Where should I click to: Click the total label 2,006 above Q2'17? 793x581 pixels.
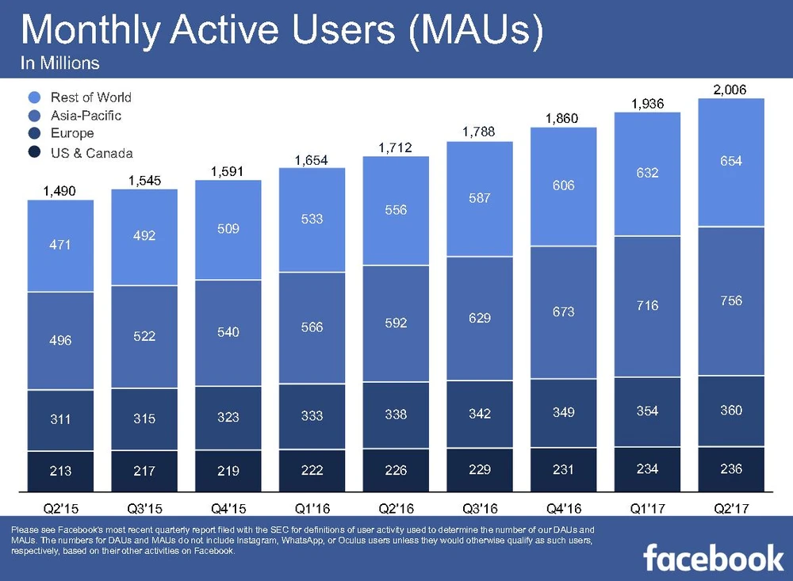[x=730, y=90]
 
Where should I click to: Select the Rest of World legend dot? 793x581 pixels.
[x=34, y=97]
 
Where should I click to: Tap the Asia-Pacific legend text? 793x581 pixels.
[x=86, y=116]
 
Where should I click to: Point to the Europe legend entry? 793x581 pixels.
[x=72, y=134]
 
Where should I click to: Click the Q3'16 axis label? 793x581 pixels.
[x=480, y=506]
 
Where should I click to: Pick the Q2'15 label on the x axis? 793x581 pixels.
[x=60, y=506]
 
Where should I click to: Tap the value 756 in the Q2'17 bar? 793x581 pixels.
[x=731, y=301]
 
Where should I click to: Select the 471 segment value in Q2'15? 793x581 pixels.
[x=60, y=245]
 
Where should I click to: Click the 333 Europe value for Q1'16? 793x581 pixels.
[x=312, y=415]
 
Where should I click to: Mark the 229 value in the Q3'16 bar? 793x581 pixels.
[x=480, y=470]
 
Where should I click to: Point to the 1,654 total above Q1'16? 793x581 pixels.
[x=312, y=161]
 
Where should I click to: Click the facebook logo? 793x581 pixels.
[x=713, y=558]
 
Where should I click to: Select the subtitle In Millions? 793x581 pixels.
[x=60, y=63]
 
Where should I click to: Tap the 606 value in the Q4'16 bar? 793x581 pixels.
[x=564, y=185]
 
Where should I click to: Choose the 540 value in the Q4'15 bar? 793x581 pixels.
[x=228, y=331]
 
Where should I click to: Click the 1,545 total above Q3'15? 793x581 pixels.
[x=144, y=182]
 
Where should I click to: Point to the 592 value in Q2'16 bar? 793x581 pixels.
[x=396, y=323]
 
